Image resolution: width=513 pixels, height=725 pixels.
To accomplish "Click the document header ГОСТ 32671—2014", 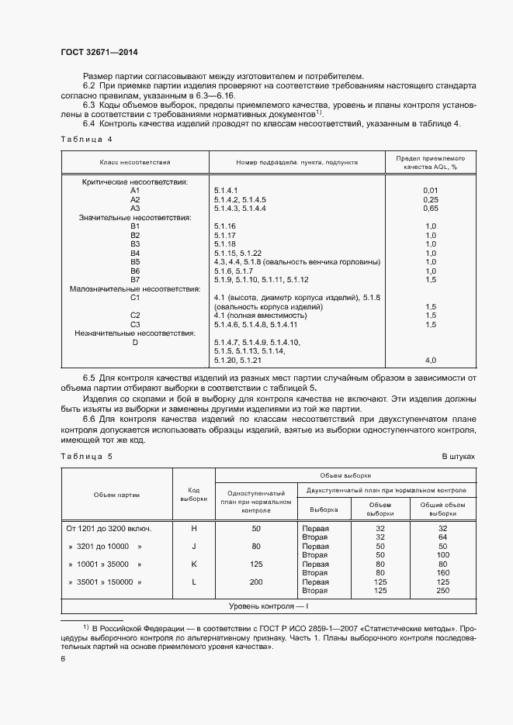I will click(x=100, y=51).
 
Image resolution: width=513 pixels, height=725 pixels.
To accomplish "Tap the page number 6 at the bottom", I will click(x=63, y=658).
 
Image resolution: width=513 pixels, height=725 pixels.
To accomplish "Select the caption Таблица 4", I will click(x=86, y=139).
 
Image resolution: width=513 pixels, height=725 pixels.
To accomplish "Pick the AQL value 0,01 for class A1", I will click(x=432, y=190).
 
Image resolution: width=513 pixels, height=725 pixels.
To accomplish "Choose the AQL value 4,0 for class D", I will click(x=432, y=360).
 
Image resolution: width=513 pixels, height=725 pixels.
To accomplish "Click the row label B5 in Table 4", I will click(x=135, y=261).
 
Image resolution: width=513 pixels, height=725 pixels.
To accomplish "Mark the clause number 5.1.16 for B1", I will click(x=224, y=226).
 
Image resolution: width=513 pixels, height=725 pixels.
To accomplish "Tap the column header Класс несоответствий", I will click(x=134, y=163).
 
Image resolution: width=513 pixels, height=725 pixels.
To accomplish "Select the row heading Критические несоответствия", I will click(x=135, y=181).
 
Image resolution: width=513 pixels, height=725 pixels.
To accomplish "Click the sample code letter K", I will click(x=194, y=564).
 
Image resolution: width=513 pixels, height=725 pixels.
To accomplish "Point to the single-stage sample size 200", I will click(x=256, y=582).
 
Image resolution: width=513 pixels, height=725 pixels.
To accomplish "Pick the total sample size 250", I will click(x=443, y=590).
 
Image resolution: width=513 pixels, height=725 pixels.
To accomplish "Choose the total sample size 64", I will click(x=443, y=537).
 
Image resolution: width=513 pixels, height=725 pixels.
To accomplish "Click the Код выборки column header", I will click(x=194, y=494).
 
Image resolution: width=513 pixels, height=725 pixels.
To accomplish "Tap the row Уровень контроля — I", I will click(x=268, y=605).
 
